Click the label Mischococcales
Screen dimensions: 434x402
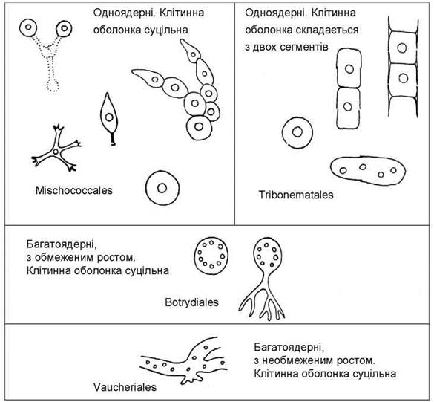[x=74, y=190]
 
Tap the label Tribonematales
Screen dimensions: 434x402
[x=296, y=195]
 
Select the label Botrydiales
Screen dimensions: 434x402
[x=191, y=302]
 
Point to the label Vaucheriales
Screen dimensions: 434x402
[x=125, y=387]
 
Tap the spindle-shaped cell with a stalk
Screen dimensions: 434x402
[x=109, y=119]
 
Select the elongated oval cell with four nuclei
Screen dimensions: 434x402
[x=368, y=170]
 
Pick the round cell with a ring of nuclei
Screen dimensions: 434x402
[x=211, y=256]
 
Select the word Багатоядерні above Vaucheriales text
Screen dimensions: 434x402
[x=289, y=347]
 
